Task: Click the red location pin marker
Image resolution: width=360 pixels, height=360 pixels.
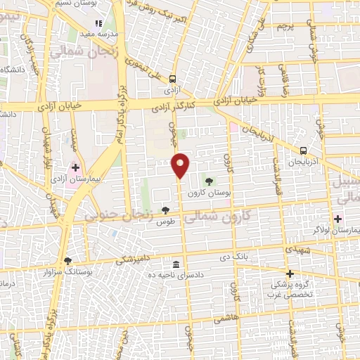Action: (181, 165)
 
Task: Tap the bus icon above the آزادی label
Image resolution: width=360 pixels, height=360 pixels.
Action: (173, 79)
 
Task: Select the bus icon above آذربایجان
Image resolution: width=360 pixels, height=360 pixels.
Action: (303, 150)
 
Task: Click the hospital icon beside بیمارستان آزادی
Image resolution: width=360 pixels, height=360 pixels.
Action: (75, 167)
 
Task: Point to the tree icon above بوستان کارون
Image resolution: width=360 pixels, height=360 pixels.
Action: (208, 181)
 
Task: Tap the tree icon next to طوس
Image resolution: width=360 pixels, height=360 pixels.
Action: (165, 210)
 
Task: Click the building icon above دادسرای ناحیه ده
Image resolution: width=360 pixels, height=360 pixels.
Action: (175, 264)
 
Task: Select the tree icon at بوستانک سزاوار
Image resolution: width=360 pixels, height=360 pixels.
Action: (67, 260)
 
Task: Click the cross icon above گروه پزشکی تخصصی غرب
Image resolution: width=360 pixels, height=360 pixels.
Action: (289, 274)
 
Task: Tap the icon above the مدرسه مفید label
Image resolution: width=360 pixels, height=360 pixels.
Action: (99, 22)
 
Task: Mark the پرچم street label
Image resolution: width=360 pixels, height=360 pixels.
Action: (283, 26)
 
